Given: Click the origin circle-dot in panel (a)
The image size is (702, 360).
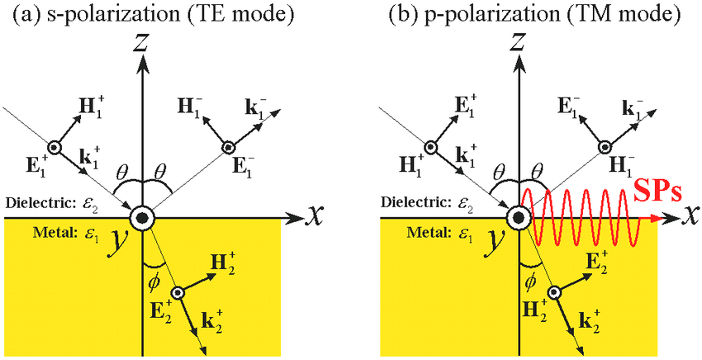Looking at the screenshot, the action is (x=142, y=219).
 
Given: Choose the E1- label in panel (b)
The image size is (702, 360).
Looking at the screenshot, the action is (x=567, y=109).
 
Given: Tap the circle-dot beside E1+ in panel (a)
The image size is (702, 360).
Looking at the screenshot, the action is (x=55, y=147).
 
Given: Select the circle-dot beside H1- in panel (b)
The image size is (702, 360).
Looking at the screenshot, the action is (x=605, y=147).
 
